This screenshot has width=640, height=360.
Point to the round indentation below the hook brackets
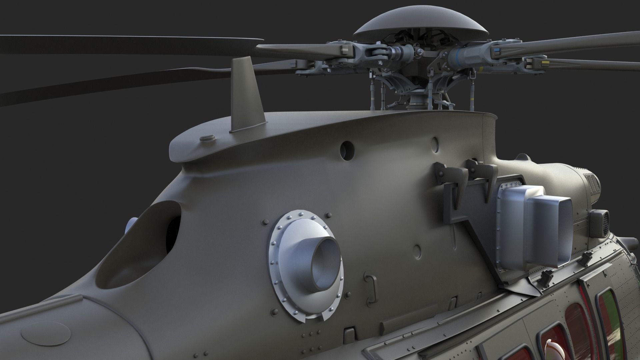(417, 250)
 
